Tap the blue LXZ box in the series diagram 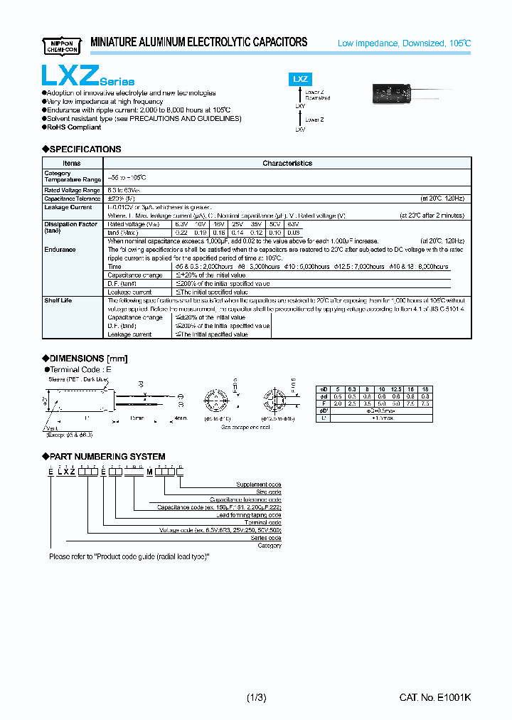299,80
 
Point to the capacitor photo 389,94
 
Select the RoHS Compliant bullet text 74,127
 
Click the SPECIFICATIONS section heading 82,149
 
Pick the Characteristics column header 287,164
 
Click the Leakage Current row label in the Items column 68,207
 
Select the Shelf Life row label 58,300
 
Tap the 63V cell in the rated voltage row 293,224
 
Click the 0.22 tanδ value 181,233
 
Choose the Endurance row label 60,250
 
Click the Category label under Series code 268,546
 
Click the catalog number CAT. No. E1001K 434,699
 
